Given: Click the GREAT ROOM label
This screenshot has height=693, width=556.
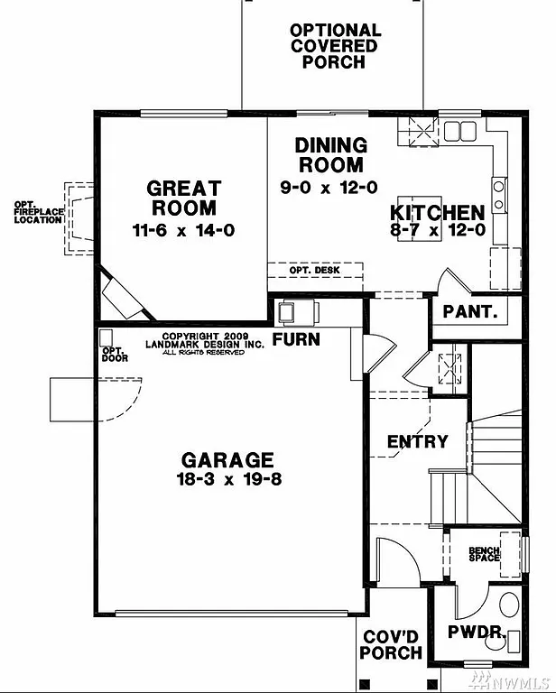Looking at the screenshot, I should (x=184, y=199).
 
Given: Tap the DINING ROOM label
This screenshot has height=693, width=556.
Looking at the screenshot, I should (x=331, y=155).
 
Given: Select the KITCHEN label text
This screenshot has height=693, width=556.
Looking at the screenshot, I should (x=437, y=213).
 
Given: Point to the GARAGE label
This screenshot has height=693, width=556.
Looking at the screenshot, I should (x=226, y=459).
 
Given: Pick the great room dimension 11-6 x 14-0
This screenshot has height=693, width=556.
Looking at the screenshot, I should (x=184, y=230).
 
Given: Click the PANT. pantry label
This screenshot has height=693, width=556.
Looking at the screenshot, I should (x=470, y=311).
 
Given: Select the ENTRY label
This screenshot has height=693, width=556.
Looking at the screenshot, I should (x=417, y=441).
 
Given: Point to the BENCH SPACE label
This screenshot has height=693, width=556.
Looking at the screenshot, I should (x=484, y=554).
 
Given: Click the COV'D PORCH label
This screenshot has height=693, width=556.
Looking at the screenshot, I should (x=392, y=645).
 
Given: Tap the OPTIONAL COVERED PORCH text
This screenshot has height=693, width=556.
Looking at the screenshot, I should (x=334, y=46).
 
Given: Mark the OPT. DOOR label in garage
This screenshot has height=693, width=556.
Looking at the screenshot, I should (x=115, y=355).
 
